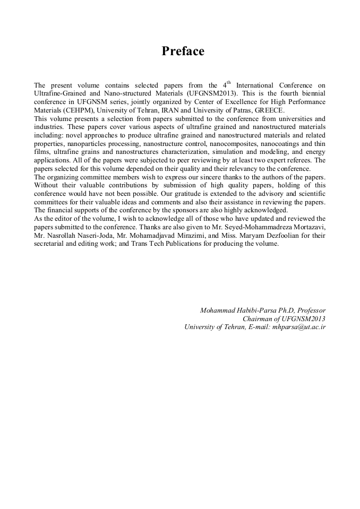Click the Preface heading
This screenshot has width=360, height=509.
pyautogui.click(x=183, y=51)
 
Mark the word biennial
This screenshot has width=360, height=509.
pyautogui.click(x=311, y=101)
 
